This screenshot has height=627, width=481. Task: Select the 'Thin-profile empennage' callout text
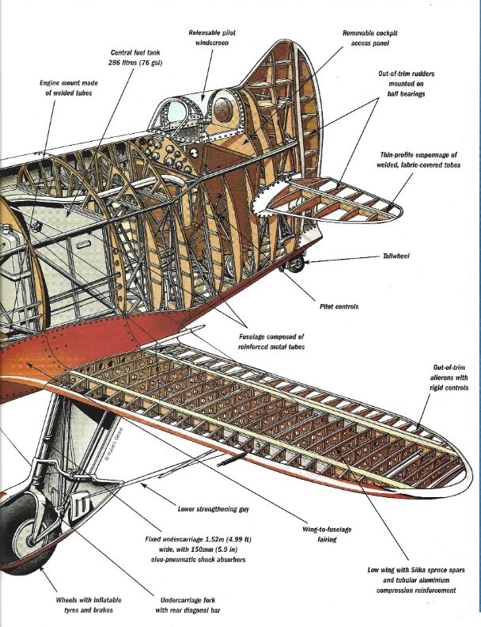click(420, 160)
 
